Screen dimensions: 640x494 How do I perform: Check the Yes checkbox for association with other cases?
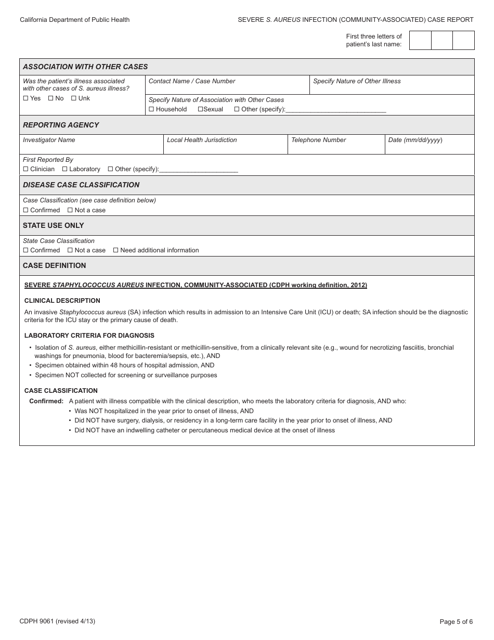tap(25, 98)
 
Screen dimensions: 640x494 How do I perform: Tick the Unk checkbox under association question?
tap(74, 98)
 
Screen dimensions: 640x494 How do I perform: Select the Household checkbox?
tap(151, 109)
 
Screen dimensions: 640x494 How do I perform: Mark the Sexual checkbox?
tap(200, 109)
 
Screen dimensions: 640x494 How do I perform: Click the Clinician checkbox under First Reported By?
tap(25, 169)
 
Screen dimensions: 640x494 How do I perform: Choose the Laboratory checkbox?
tap(64, 169)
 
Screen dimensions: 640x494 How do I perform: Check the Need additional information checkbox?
tap(115, 250)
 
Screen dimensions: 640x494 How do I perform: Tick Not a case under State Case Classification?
tap(70, 250)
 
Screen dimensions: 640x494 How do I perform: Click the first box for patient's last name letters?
tap(420, 40)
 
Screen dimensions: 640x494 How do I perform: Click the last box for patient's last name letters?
tap(463, 40)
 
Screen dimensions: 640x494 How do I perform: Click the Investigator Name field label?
tap(49, 140)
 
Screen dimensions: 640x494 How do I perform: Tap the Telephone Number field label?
tap(318, 140)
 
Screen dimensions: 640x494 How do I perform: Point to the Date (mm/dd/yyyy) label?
tap(415, 140)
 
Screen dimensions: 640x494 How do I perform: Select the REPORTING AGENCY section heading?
tap(61, 125)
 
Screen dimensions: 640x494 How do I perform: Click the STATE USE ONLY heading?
tap(53, 225)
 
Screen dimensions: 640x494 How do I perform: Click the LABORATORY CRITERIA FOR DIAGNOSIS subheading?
tap(89, 336)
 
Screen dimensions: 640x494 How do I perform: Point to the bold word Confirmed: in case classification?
tap(46, 401)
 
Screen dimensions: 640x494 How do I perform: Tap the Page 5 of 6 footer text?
tap(456, 621)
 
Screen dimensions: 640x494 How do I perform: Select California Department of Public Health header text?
tap(75, 20)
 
